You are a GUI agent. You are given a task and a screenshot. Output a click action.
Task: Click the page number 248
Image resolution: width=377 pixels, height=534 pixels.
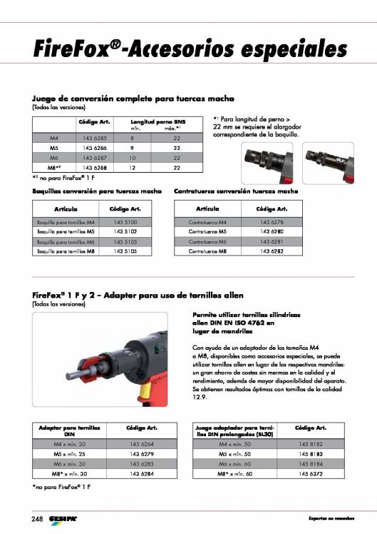pos(36,518)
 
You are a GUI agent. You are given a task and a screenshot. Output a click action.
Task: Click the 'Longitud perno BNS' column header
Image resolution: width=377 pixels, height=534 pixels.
pos(153,122)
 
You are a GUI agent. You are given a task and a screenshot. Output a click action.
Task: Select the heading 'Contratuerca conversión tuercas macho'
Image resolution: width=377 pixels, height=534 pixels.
pos(236,191)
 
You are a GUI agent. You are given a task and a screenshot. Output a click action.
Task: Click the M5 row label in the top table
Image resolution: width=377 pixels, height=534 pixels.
pos(53,147)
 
